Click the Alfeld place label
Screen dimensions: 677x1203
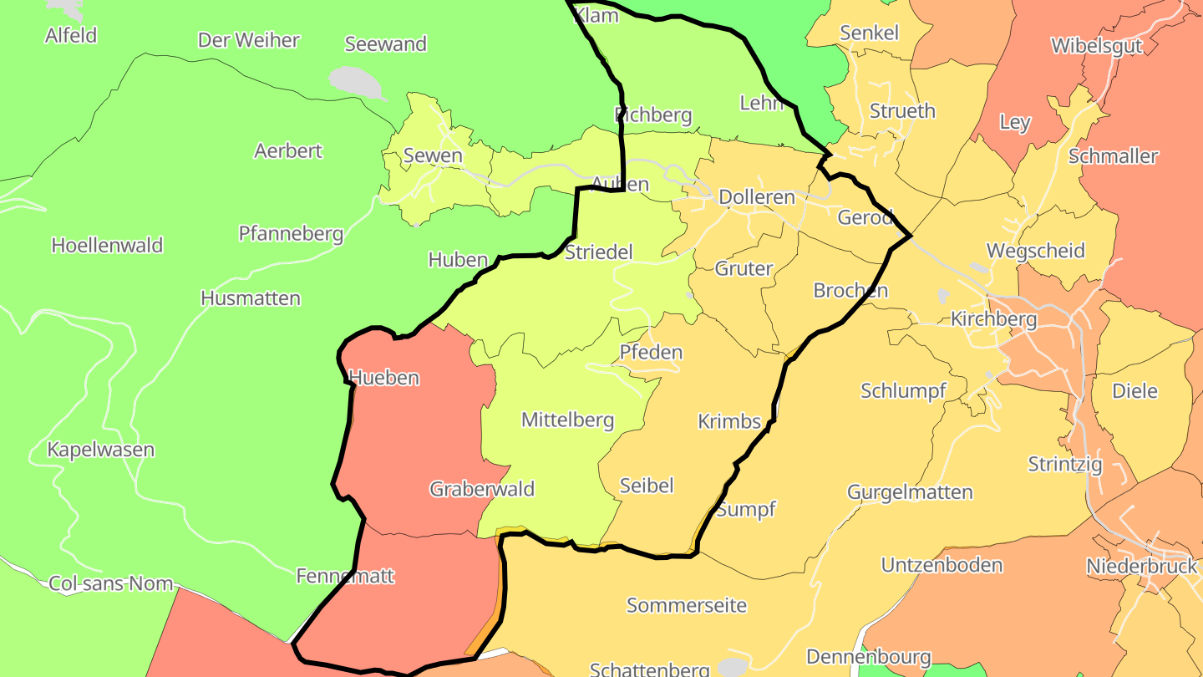71,36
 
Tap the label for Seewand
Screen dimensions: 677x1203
385,44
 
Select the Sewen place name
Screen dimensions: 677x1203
433,155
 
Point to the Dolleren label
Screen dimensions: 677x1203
757,198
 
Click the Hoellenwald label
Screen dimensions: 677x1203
107,246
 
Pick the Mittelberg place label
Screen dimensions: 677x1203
567,420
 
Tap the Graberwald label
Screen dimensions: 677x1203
482,490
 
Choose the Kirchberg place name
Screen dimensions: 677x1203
993,319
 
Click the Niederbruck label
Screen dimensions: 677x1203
1141,567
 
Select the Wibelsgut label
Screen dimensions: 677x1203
1096,46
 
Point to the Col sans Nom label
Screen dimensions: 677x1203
111,584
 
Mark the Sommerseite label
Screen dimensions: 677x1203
687,606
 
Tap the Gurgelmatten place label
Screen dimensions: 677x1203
910,492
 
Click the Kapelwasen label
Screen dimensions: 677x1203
100,450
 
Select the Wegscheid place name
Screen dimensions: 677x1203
1035,251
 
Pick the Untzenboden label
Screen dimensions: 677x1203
942,566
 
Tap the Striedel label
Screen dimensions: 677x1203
599,252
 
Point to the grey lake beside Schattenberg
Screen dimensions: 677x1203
733,667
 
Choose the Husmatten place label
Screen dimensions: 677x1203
251,298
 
